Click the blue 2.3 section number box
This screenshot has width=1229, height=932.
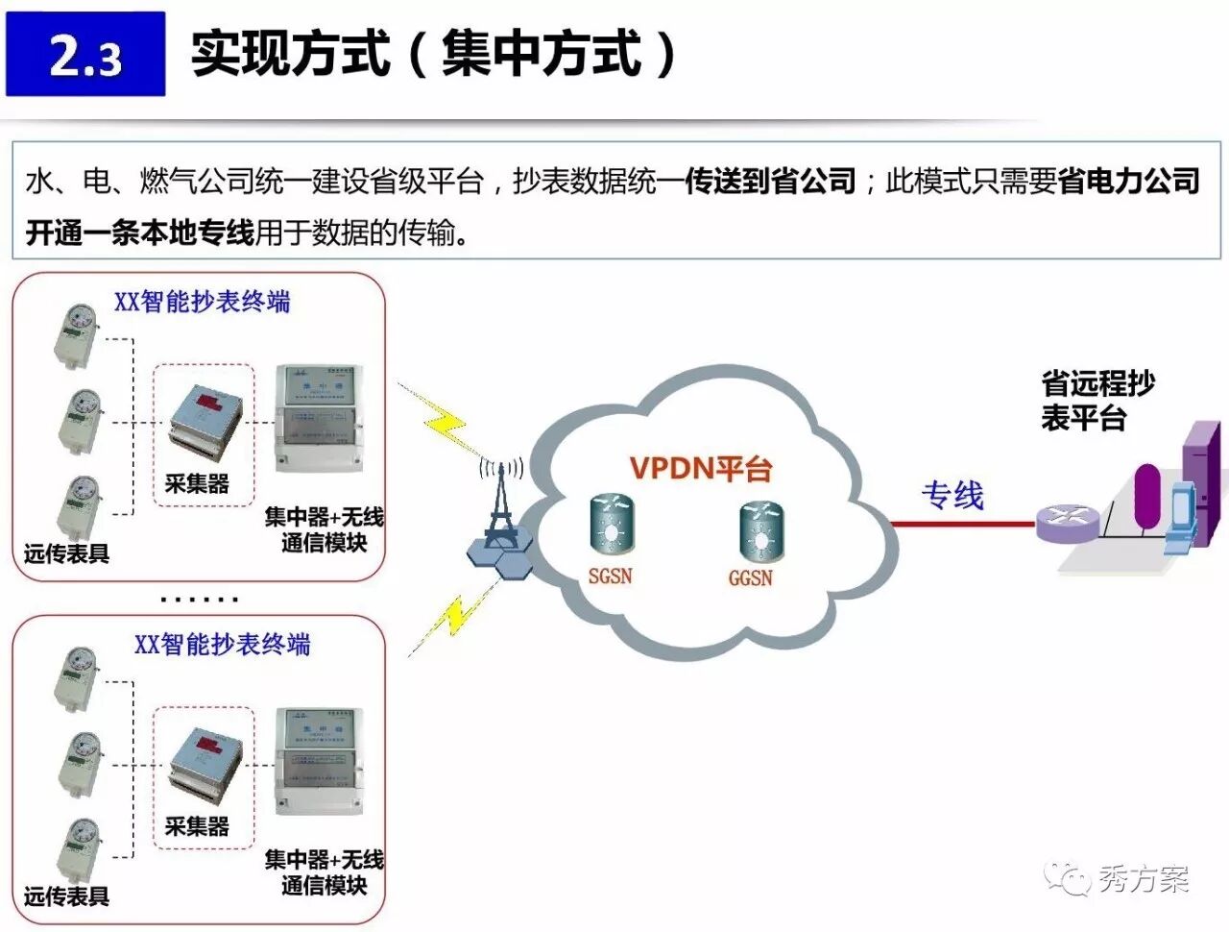coord(85,54)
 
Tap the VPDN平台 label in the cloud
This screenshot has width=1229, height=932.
coord(701,469)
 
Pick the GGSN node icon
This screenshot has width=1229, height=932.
coord(761,531)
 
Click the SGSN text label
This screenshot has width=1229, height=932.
coord(611,576)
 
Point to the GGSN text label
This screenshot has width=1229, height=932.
coord(750,578)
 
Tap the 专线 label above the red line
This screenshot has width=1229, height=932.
coord(952,496)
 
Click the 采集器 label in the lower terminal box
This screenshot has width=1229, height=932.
coord(197,826)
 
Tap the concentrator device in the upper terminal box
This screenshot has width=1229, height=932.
coord(319,421)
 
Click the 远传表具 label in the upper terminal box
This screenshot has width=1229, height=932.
coord(66,553)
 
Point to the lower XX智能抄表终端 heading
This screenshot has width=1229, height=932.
coord(222,644)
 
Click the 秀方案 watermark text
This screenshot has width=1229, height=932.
coord(1143,878)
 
